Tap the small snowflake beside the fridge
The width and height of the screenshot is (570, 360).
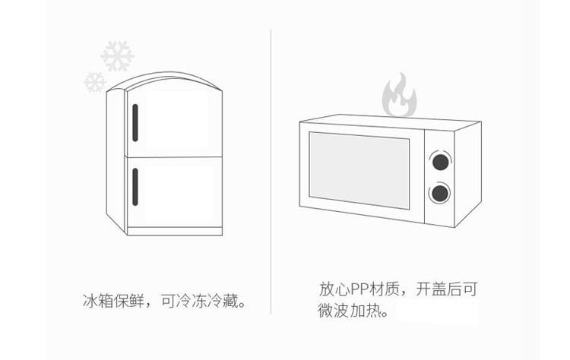95,81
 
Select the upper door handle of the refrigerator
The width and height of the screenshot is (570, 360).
135,122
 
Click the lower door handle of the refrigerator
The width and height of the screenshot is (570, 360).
135,187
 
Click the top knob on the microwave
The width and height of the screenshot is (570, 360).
439,160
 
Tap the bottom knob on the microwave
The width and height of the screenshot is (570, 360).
439,193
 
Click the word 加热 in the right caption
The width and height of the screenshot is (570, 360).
366,311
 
